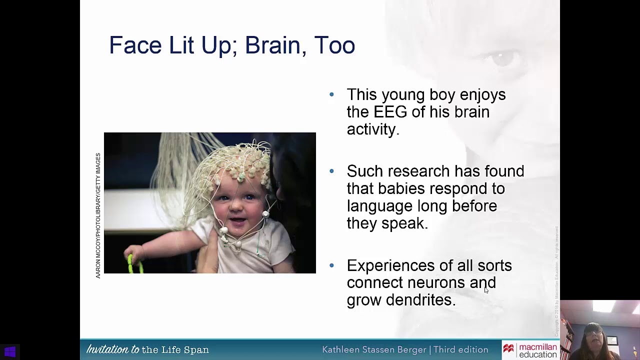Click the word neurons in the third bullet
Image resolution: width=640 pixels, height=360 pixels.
[x=436, y=283]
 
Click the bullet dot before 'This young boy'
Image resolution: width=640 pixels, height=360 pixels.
[x=332, y=94]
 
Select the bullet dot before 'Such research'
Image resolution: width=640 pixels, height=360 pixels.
[x=332, y=171]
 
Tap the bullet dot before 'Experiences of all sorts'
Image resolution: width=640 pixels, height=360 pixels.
[x=332, y=265]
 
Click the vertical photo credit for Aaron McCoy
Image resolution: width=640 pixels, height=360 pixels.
[x=98, y=215]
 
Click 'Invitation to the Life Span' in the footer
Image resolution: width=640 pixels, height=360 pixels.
[x=147, y=350]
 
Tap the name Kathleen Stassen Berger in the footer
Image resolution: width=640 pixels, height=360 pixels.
[x=375, y=350]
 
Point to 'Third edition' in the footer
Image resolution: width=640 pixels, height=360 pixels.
[x=460, y=350]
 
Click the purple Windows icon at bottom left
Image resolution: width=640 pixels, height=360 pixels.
[x=10, y=352]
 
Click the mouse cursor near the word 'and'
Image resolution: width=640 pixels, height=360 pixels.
[x=486, y=290]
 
